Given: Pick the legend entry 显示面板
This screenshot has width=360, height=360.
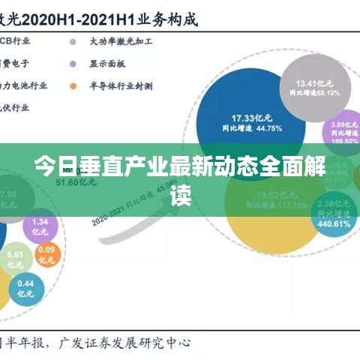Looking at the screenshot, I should click(x=109, y=64).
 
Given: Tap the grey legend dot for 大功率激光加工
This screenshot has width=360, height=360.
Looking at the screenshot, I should click(x=73, y=42).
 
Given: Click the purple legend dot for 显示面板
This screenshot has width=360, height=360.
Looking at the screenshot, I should click(x=73, y=64).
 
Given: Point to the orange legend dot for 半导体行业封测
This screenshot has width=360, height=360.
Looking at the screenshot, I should click(x=73, y=85).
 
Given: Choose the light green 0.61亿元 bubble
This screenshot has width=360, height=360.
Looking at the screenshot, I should click(x=16, y=259).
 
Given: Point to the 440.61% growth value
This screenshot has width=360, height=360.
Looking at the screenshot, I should click(x=334, y=223).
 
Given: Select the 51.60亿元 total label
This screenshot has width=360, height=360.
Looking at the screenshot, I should click(x=73, y=182).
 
